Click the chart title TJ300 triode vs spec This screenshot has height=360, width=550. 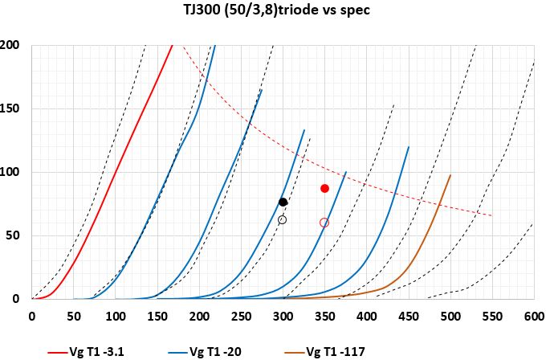pos(275,11)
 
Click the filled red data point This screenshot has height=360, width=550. pos(324,188)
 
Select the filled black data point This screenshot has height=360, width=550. pos(283,202)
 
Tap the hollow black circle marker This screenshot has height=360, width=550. pos(282,219)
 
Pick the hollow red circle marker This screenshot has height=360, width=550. pos(324,223)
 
